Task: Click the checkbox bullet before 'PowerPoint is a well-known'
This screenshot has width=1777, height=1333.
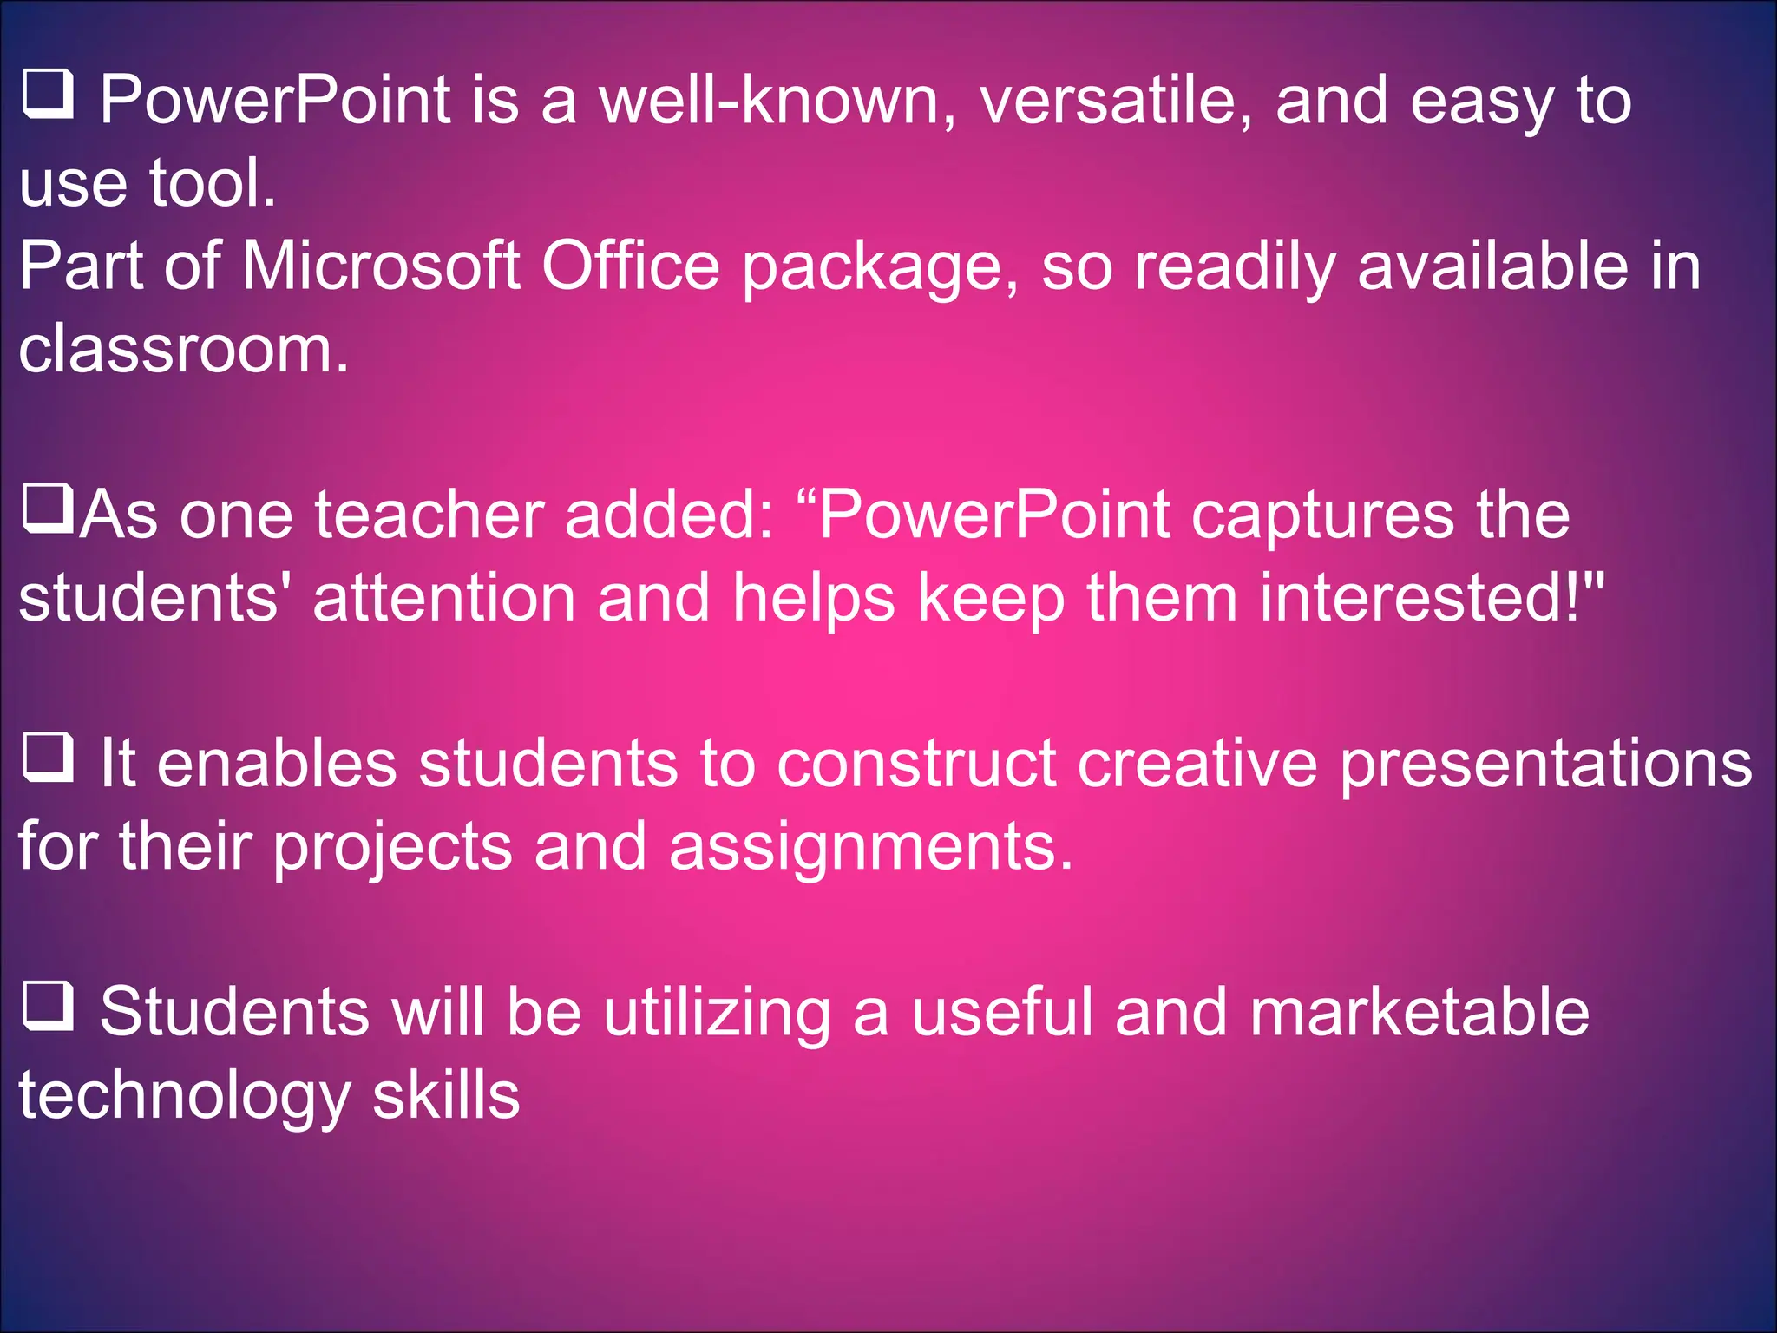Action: pyautogui.click(x=47, y=95)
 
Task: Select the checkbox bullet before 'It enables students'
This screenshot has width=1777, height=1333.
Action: pyautogui.click(x=47, y=758)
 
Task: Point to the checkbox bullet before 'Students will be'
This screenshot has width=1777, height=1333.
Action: pyautogui.click(x=47, y=1006)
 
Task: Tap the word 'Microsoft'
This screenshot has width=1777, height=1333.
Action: pyautogui.click(x=381, y=266)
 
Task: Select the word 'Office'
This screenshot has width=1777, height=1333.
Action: pyautogui.click(x=631, y=266)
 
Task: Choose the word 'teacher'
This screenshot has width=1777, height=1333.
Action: pyautogui.click(x=429, y=515)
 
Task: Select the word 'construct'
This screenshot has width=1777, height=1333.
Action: pyautogui.click(x=916, y=764)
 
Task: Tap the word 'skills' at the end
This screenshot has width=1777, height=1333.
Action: pyautogui.click(x=446, y=1095)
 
